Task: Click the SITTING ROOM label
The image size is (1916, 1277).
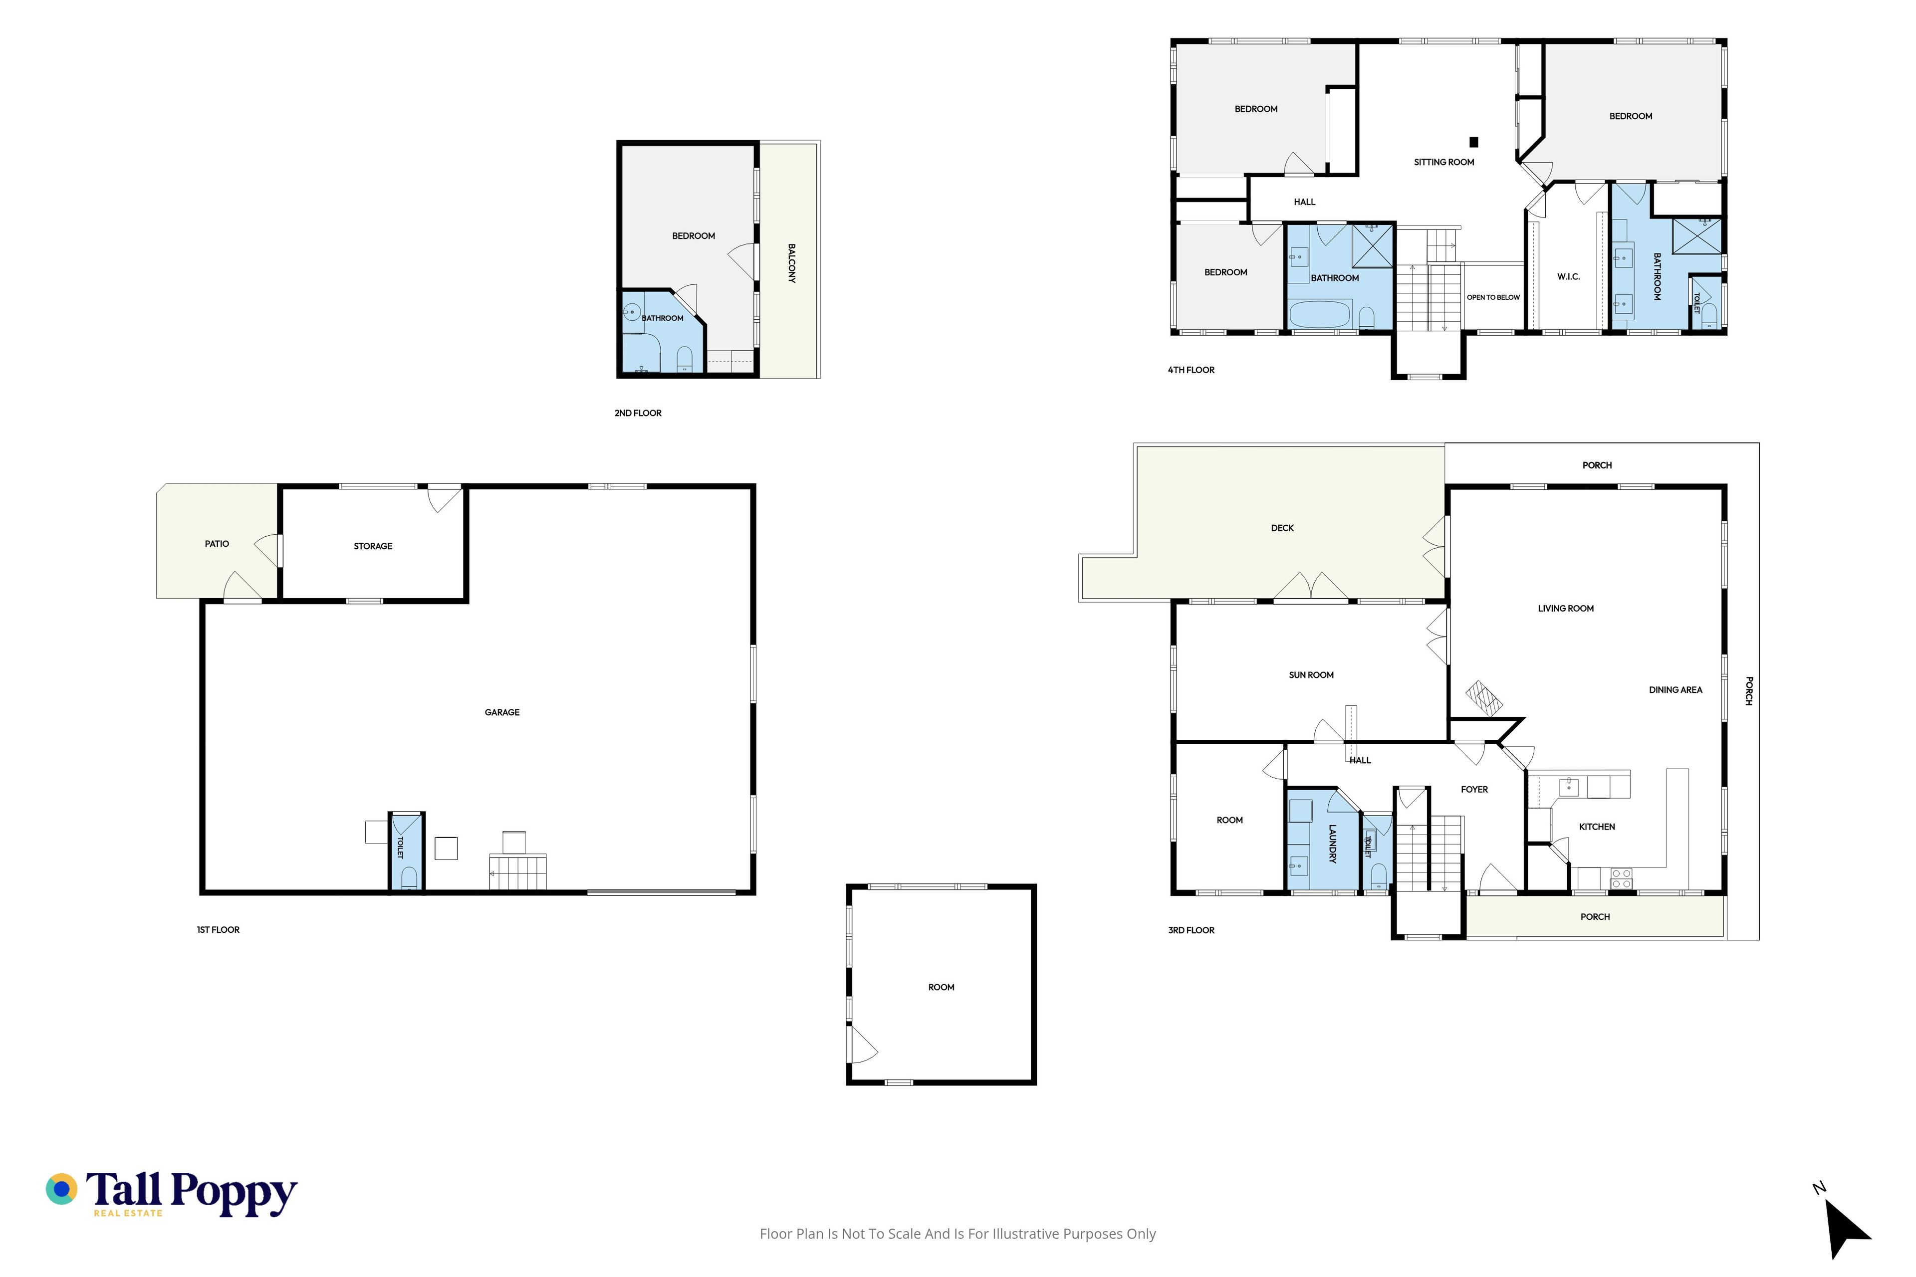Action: pos(1443,162)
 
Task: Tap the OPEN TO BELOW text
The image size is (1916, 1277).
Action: pos(1493,297)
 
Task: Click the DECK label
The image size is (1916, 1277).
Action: pos(1282,528)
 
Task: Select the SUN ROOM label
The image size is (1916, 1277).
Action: pos(1311,675)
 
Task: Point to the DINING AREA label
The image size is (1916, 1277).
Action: pos(1675,690)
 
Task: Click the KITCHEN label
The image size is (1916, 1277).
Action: pos(1597,827)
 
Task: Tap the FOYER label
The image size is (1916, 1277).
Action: pos(1474,789)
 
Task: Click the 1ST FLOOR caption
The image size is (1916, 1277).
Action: pos(219,930)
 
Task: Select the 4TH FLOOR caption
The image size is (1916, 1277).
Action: pos(1191,370)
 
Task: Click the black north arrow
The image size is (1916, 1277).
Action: pos(1847,1229)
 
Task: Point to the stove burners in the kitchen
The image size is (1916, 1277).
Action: pos(1621,878)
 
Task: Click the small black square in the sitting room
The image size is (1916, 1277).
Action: pos(1473,142)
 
